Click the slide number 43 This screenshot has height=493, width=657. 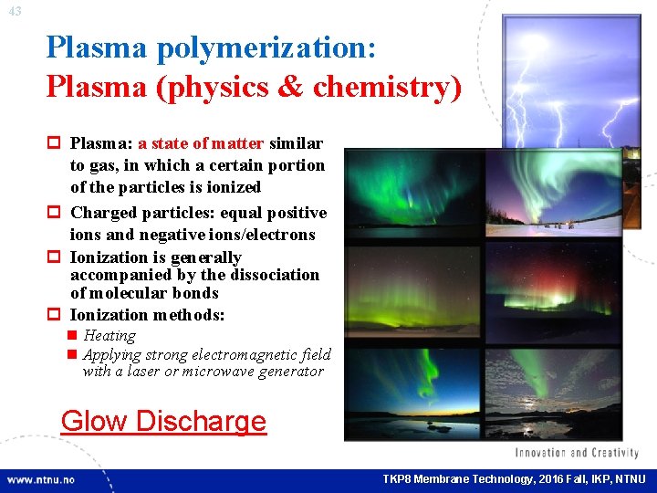[x=16, y=11]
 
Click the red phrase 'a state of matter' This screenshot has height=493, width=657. [x=200, y=143]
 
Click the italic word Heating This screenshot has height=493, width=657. [x=109, y=336]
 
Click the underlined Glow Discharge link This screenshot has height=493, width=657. [x=163, y=421]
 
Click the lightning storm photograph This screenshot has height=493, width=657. [x=570, y=82]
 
